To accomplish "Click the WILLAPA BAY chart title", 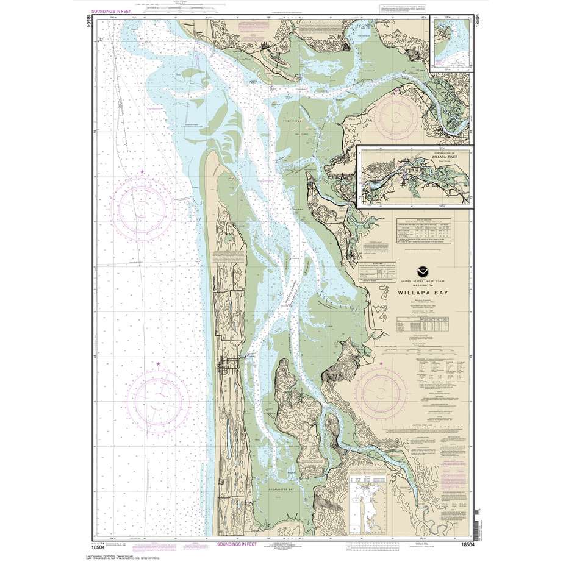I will [417, 292].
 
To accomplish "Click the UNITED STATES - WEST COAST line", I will [417, 280].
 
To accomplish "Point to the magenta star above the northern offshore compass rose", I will [142, 173].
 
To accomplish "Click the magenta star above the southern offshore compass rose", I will [159, 365].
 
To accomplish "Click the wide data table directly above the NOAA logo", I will [420, 232].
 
